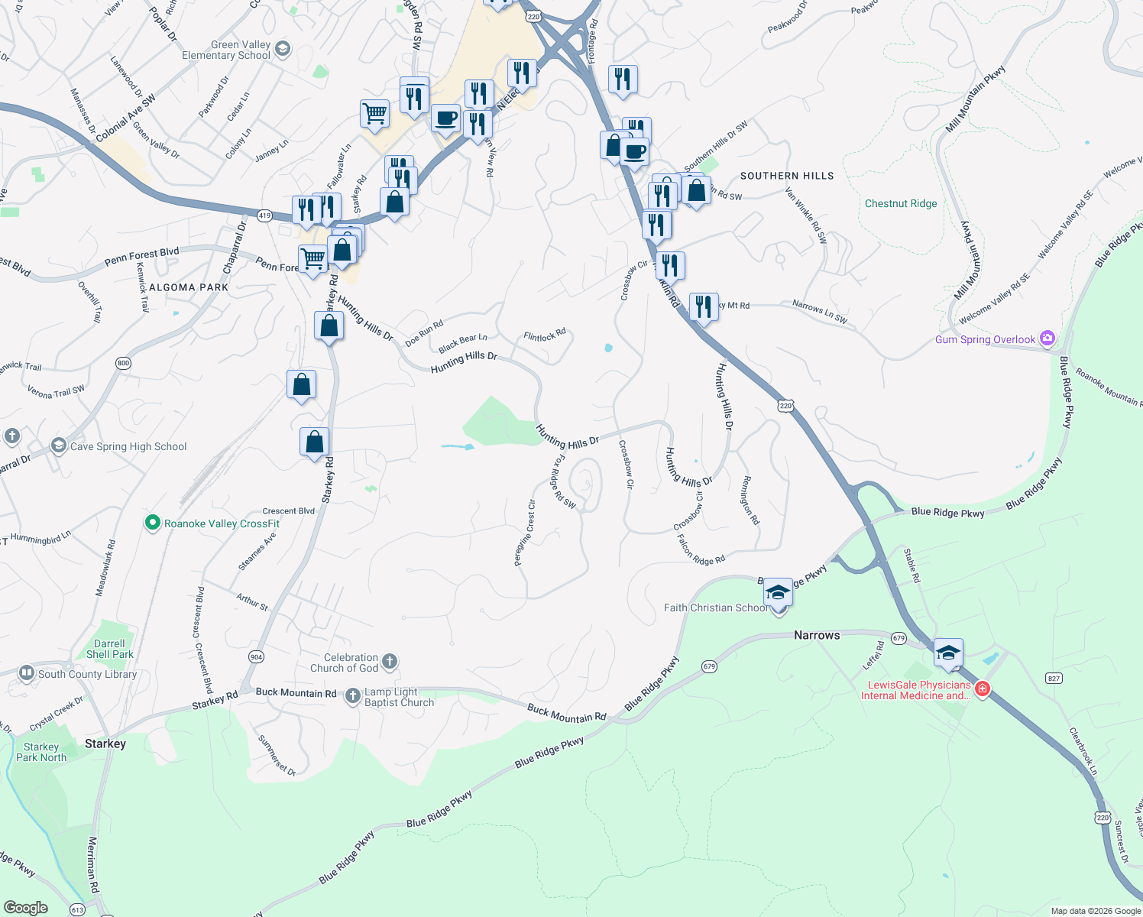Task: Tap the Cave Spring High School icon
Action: [58, 446]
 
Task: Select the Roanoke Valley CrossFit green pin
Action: [152, 523]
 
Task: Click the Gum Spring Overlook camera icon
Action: [1047, 339]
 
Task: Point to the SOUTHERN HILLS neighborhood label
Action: [787, 176]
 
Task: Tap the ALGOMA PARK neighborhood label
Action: [189, 287]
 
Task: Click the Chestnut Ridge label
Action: [901, 204]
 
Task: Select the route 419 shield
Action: [264, 215]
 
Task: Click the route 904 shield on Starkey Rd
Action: [256, 656]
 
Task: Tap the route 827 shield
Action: [1054, 678]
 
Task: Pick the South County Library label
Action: [87, 674]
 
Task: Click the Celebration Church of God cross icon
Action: [390, 661]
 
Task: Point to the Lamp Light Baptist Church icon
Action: [353, 695]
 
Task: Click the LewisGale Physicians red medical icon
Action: [983, 689]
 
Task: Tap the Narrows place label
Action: [817, 635]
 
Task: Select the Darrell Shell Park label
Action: [109, 649]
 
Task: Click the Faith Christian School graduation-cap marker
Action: [778, 593]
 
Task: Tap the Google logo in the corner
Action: [25, 908]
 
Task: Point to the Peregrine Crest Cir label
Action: [525, 533]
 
